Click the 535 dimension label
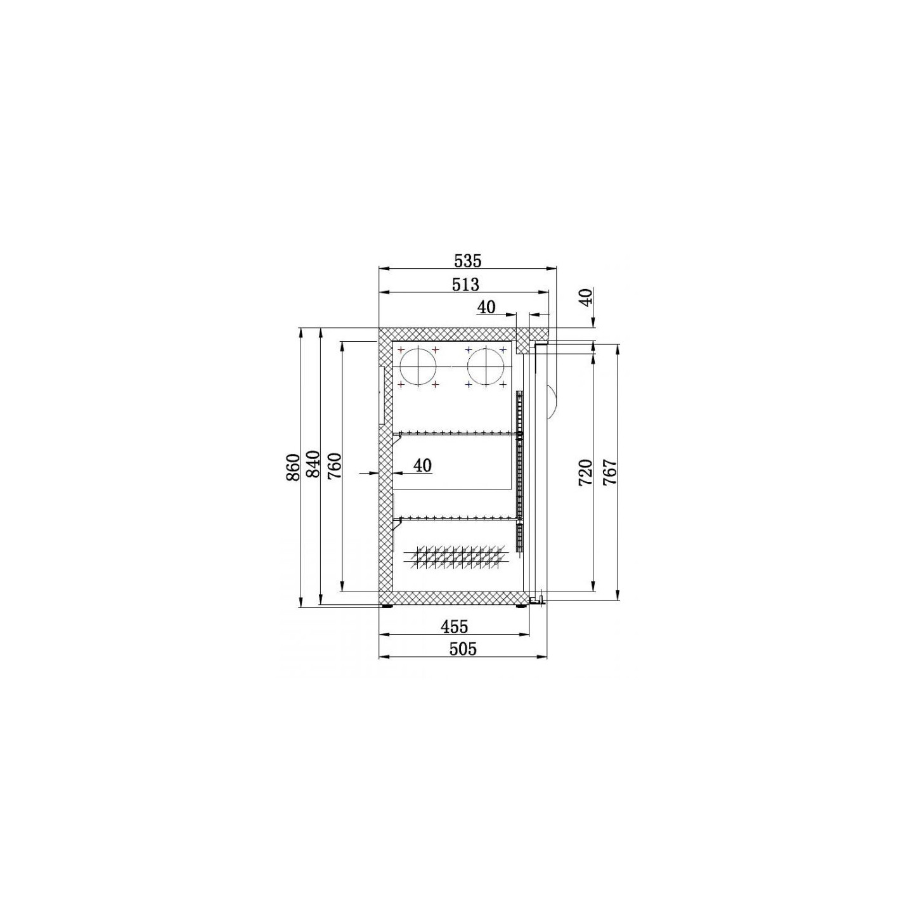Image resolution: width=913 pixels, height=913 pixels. click(467, 261)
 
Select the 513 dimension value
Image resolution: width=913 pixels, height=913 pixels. click(465, 284)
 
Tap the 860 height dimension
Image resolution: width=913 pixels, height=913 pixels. click(294, 467)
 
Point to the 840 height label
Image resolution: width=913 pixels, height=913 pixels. click(313, 464)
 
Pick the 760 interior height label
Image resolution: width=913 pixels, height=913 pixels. click(334, 467)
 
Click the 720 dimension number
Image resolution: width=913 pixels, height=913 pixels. click(585, 472)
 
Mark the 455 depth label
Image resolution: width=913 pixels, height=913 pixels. click(454, 626)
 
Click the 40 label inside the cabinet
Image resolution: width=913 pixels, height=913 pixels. click(423, 466)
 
